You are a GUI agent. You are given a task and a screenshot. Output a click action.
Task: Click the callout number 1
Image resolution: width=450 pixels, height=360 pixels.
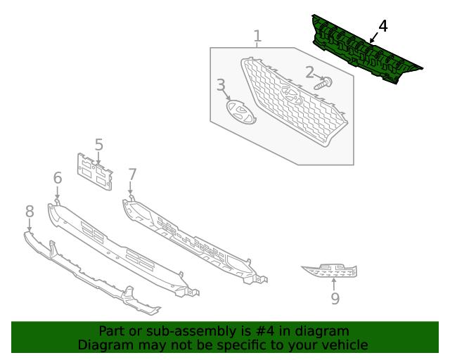pyautogui.click(x=257, y=36)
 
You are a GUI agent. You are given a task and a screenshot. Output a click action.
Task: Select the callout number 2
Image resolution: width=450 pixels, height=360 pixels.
pyautogui.click(x=309, y=72)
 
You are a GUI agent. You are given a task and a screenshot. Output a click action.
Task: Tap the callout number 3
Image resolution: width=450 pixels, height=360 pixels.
pyautogui.click(x=221, y=86)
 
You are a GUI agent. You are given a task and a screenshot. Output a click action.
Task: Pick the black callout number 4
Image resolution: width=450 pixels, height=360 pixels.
pyautogui.click(x=382, y=27)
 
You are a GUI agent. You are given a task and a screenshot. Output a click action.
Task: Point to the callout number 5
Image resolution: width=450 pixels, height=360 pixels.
pyautogui.click(x=99, y=145)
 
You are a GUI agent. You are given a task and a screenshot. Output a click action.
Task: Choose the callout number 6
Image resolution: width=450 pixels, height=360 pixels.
pyautogui.click(x=58, y=179)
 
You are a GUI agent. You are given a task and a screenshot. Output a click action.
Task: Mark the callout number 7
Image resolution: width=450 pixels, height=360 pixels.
pyautogui.click(x=132, y=174)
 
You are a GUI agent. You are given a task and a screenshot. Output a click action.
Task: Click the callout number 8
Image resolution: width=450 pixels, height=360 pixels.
pyautogui.click(x=30, y=211)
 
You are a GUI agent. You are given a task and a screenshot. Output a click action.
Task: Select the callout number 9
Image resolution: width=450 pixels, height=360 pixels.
pyautogui.click(x=335, y=299)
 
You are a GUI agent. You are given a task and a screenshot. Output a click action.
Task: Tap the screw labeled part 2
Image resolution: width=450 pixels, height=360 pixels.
pyautogui.click(x=324, y=84)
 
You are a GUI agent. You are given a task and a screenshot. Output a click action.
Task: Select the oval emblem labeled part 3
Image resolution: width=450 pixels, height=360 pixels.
pyautogui.click(x=240, y=112)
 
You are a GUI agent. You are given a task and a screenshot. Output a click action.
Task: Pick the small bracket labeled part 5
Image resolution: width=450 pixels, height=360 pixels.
pyautogui.click(x=94, y=172)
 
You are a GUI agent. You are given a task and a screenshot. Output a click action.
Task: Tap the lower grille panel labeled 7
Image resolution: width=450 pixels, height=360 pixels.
pyautogui.click(x=190, y=239)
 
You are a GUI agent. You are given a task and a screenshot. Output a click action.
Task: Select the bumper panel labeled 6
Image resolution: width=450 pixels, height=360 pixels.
pyautogui.click(x=120, y=246)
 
